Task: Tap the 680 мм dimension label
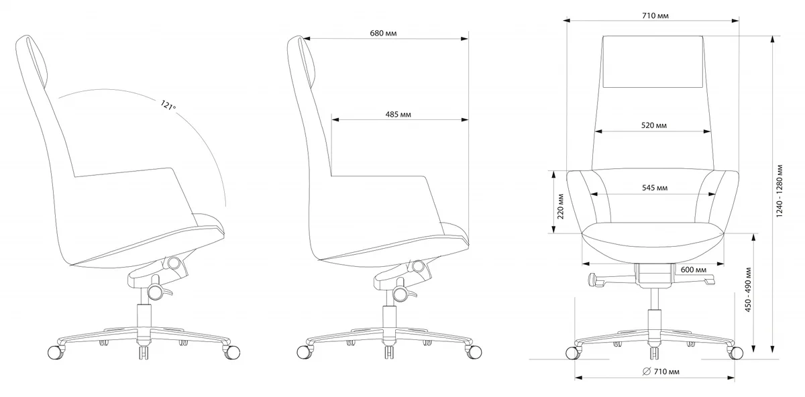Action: click(x=383, y=34)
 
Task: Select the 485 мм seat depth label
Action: click(x=398, y=115)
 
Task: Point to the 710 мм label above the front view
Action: click(x=655, y=16)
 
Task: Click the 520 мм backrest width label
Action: click(x=653, y=125)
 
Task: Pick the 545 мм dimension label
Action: click(x=655, y=188)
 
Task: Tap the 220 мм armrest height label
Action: click(x=560, y=207)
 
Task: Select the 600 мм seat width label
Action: click(x=693, y=270)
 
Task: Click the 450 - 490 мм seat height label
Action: click(x=748, y=290)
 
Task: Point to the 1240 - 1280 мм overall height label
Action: click(x=779, y=191)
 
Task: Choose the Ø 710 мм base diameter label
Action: click(x=661, y=372)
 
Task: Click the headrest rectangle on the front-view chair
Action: click(x=653, y=62)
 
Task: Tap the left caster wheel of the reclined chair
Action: click(x=55, y=352)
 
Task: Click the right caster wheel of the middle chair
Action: click(x=474, y=352)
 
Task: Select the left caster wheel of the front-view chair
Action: click(x=573, y=353)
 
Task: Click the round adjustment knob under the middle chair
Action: click(x=400, y=294)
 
